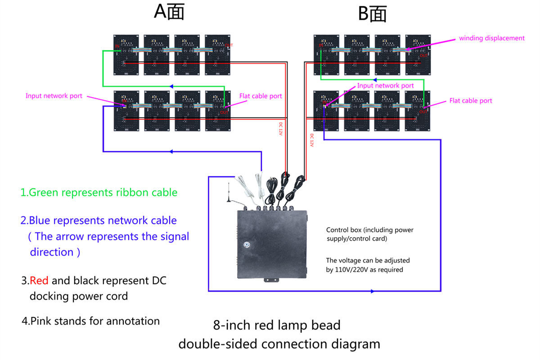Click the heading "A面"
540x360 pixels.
coord(169,13)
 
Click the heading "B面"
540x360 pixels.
coord(372,14)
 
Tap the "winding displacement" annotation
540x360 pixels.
coord(491,38)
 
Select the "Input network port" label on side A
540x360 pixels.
coord(54,96)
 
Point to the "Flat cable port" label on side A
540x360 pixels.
coord(261,96)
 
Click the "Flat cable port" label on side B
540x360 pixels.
coord(471,101)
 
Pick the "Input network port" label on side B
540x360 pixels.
coord(385,85)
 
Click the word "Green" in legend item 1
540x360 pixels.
coord(44,193)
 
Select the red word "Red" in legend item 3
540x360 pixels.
coord(40,281)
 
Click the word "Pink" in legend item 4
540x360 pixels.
coord(41,321)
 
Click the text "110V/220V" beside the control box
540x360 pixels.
coord(355,270)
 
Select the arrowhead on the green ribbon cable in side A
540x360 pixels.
coord(171,86)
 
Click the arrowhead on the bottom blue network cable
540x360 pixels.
coord(372,291)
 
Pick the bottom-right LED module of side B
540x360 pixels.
coord(418,111)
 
